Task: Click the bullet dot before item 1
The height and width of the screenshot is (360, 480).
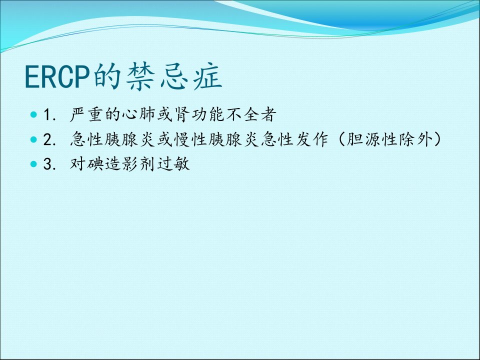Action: click(33, 115)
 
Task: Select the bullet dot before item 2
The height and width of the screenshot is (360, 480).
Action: click(33, 139)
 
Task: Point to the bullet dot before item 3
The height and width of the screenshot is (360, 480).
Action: click(33, 164)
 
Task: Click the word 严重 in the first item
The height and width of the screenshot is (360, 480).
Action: click(86, 114)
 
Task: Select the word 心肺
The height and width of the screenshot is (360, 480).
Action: click(138, 114)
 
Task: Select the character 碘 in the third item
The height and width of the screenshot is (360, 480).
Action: click(95, 164)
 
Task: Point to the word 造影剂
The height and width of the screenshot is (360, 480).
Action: click(130, 164)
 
